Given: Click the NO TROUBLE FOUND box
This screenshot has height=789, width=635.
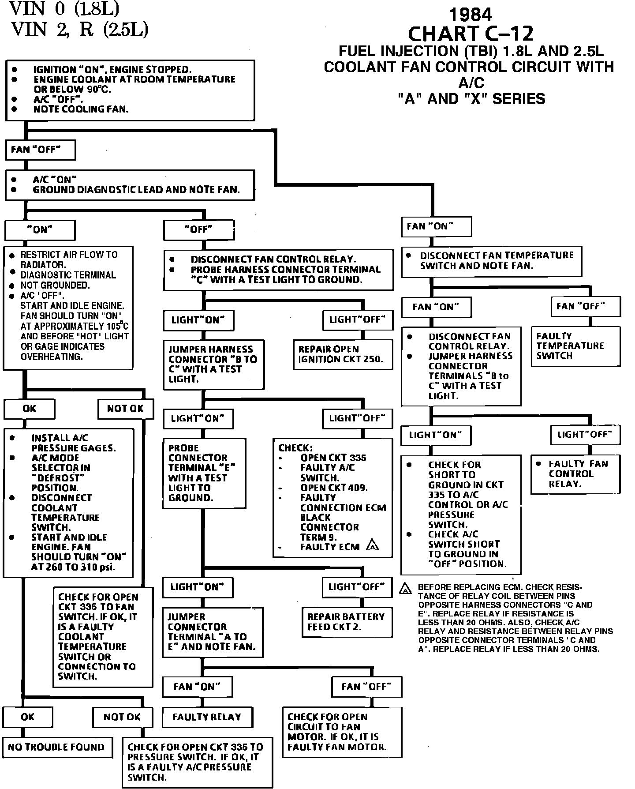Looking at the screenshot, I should coord(56,747).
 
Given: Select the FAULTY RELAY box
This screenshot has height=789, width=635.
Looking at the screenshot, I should coord(207,717).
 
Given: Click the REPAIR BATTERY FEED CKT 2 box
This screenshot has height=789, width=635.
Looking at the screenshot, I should coord(347,622).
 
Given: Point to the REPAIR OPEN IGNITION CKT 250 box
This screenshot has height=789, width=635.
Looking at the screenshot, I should coord(343,354).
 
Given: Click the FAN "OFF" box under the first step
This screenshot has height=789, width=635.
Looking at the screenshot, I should coord(40,150).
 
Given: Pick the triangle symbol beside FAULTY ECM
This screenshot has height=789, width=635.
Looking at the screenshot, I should coord(373,545).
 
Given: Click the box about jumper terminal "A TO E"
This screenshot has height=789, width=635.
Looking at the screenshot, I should coord(213,632).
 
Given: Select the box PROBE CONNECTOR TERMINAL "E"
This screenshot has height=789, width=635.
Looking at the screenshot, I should coord(204,473).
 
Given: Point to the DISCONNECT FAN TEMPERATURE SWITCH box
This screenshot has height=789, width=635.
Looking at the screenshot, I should coord(491,261).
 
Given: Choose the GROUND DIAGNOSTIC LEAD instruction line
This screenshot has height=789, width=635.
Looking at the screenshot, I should coord(136,190).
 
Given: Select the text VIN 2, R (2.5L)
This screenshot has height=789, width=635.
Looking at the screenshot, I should coord(79,29).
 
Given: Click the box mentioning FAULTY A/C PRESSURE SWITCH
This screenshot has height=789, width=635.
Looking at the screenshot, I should coord(197,762).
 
